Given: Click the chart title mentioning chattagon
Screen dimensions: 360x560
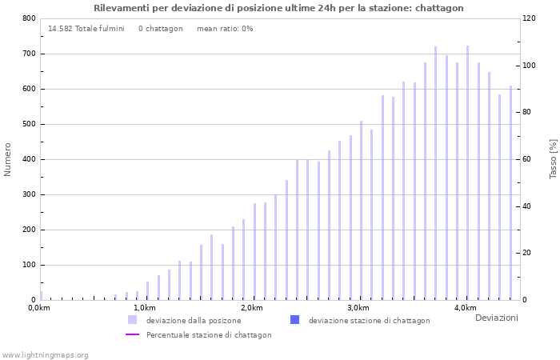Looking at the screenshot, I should [278, 8].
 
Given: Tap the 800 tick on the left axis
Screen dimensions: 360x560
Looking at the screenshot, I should [29, 18].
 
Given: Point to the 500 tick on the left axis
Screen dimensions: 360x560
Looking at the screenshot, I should [29, 124].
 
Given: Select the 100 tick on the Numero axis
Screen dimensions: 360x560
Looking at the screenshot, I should [29, 265].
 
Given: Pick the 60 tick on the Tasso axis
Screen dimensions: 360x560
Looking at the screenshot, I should [529, 159].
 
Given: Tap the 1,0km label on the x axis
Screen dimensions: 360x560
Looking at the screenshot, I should [144, 308].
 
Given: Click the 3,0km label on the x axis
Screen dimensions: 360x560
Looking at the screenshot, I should [358, 308].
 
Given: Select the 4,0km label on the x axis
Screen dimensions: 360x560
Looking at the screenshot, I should [465, 308].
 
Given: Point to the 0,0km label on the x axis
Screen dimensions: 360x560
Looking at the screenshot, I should [38, 308].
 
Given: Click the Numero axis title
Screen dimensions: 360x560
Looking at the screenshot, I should [8, 159].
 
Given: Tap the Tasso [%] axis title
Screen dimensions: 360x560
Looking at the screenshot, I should [553, 159].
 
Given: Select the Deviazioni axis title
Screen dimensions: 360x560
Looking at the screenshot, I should [496, 318].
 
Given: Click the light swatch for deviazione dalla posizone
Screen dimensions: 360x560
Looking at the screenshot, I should [132, 320].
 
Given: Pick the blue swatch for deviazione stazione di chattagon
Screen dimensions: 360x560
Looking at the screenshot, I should [294, 320].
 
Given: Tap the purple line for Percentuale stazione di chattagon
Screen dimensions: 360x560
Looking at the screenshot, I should [132, 335].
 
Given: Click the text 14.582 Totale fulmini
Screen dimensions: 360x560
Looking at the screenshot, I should [86, 29].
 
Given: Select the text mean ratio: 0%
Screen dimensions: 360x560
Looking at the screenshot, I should [225, 29].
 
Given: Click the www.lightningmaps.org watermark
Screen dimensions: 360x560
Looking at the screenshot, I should [46, 354].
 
